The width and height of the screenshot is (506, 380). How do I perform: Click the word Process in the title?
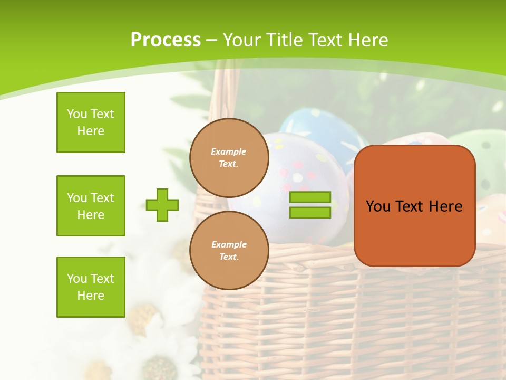166,40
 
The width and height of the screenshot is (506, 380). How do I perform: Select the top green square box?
91,122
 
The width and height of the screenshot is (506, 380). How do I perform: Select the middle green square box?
91,206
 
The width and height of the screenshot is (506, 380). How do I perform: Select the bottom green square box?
91,287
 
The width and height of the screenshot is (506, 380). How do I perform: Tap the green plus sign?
162,205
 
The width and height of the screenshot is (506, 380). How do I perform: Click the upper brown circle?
229,158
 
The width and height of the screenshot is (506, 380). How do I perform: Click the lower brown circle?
229,250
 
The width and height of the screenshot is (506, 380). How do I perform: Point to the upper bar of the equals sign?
310,197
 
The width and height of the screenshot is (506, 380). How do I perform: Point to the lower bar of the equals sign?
310,212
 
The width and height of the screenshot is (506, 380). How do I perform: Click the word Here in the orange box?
445,206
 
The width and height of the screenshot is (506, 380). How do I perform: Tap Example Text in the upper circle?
229,158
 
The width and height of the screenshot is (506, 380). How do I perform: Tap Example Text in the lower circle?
229,251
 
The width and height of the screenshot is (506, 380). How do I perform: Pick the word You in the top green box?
77,114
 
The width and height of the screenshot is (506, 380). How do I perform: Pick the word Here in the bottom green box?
91,296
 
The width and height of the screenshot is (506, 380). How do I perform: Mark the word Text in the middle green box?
102,198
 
